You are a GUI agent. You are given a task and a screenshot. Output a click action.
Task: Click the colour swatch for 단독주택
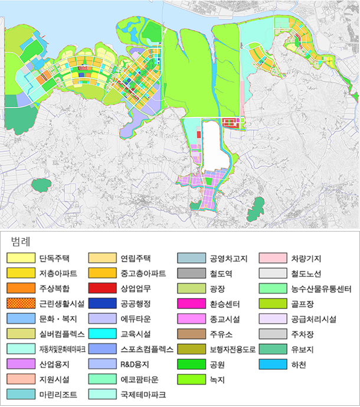pos(21,258)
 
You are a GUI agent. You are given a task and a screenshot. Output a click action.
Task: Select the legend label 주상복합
pos(53,288)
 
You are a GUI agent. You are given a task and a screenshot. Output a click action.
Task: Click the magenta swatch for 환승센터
pos(191,304)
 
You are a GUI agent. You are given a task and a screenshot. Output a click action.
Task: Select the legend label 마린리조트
pos(57,394)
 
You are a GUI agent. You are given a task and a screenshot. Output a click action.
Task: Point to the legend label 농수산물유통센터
pos(321,289)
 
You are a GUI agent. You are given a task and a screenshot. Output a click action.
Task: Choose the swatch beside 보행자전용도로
pos(191,349)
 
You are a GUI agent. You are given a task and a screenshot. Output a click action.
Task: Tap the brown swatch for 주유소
pos(191,334)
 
